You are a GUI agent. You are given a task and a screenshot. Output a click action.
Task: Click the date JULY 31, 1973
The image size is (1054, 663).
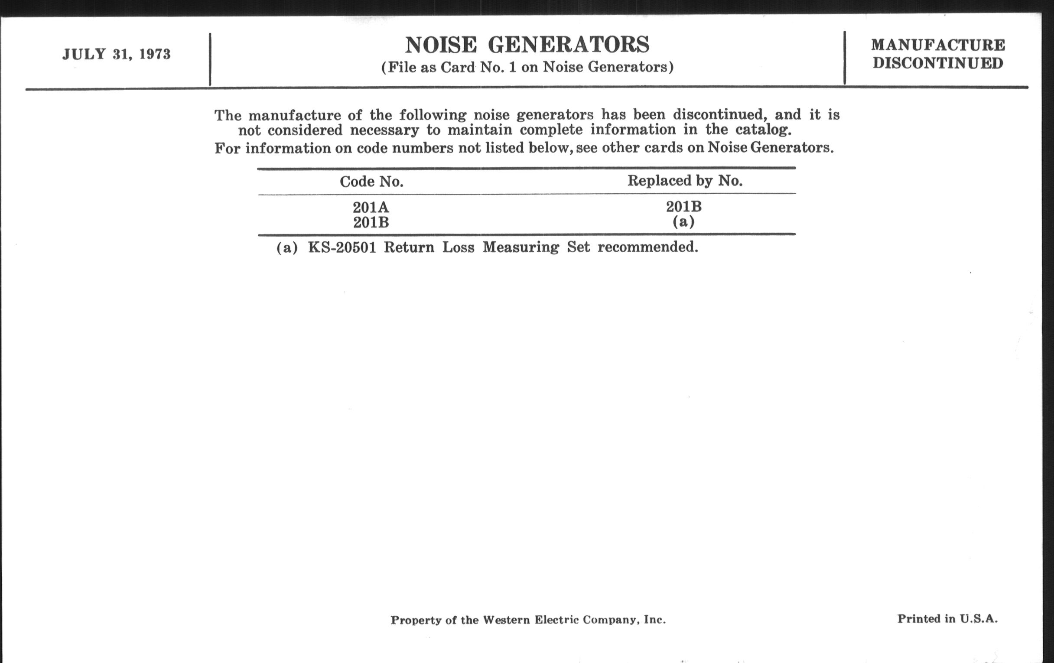[117, 54]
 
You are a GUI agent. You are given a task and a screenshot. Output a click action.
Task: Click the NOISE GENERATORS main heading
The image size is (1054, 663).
[527, 45]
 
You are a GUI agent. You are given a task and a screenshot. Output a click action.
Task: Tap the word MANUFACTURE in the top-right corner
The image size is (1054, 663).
[938, 45]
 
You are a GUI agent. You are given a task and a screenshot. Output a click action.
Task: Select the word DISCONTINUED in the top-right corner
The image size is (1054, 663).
[938, 63]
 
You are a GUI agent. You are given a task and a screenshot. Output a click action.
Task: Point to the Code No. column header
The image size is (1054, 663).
[371, 182]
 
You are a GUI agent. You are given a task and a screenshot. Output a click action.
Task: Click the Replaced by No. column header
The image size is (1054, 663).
[685, 181]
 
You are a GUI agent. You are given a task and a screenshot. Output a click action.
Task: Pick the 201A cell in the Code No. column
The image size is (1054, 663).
[371, 207]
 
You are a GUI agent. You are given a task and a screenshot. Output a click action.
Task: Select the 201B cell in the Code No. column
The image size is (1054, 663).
[371, 223]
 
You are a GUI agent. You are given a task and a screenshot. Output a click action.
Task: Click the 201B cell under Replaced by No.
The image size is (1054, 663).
[684, 207]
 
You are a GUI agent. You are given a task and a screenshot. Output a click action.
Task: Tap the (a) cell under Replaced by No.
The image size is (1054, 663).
[684, 222]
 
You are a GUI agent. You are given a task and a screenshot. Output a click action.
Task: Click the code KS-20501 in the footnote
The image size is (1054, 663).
[342, 248]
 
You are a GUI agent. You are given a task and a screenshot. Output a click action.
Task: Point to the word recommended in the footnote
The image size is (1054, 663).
[648, 247]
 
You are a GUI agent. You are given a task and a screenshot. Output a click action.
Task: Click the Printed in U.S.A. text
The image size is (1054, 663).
[948, 618]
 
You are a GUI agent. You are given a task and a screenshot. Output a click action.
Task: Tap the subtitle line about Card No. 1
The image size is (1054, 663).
[527, 68]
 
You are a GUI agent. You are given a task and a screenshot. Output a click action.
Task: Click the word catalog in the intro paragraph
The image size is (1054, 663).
[763, 130]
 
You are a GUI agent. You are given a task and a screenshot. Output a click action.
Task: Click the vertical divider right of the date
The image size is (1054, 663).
[210, 59]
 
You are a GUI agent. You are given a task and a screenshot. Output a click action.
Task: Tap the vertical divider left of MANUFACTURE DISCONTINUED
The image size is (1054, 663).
[845, 58]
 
